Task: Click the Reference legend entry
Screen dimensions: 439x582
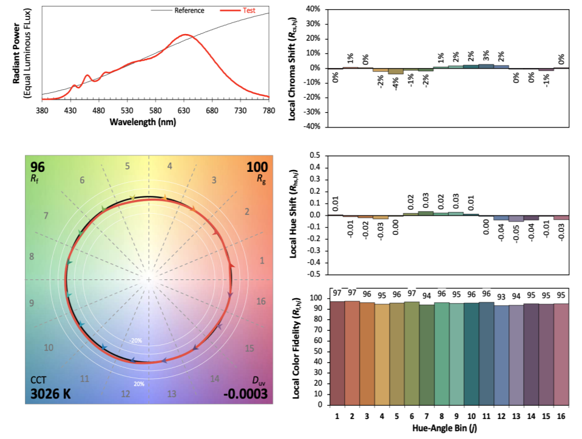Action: coord(189,10)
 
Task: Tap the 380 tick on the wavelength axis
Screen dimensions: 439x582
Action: coord(42,111)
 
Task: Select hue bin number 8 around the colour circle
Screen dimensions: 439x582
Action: coord(32,257)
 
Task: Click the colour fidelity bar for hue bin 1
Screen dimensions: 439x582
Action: coord(336,353)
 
